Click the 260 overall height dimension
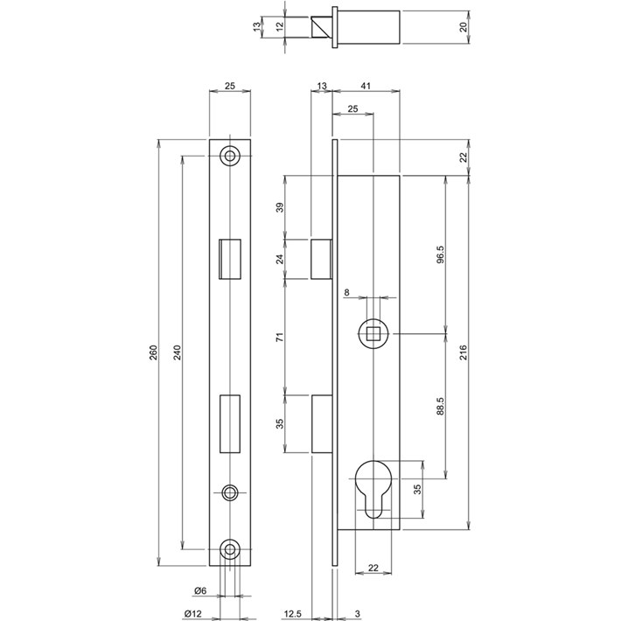point(154,352)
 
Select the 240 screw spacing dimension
point(177,352)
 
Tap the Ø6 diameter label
point(200,590)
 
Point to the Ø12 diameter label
point(193,614)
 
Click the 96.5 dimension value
point(441,255)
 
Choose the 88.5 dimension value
point(441,407)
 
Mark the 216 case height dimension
point(464,352)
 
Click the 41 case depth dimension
point(366,86)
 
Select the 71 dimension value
point(280,338)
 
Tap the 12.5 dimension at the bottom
point(293,614)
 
